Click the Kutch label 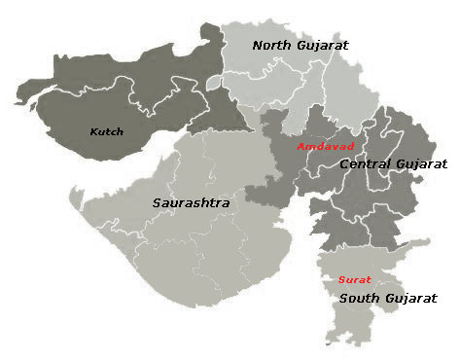[106, 131]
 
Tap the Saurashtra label [191, 203]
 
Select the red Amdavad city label [326, 146]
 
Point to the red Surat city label [354, 280]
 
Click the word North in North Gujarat [271, 45]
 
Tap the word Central [365, 164]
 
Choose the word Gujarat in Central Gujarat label [420, 164]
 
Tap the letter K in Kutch [93, 131]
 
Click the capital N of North [258, 45]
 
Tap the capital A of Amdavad [301, 146]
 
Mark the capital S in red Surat [341, 280]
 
